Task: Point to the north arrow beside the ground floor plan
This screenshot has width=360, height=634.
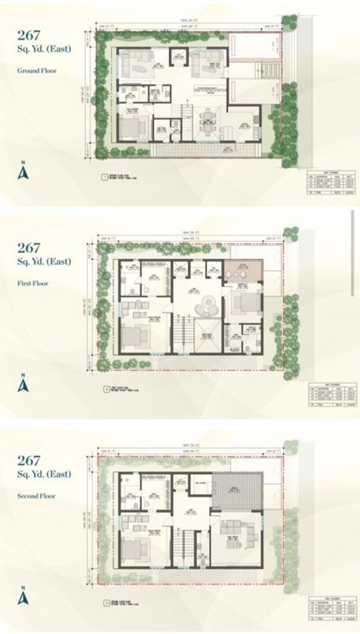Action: pyautogui.click(x=23, y=172)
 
